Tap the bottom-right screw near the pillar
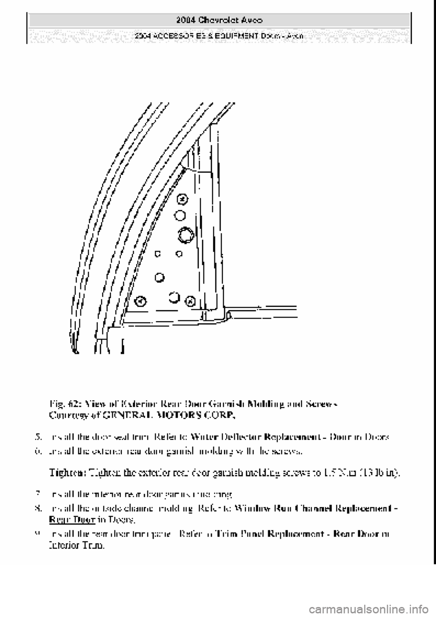[191, 301]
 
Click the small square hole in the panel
[158, 254]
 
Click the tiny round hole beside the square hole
[179, 254]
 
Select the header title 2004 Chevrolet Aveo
[218, 20]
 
